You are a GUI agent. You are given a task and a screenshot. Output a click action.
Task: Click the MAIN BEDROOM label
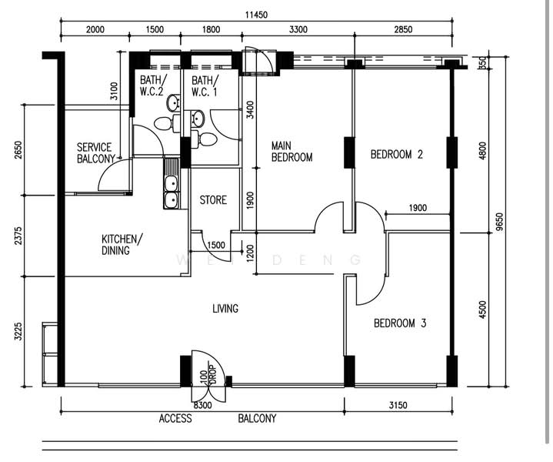[x=291, y=152]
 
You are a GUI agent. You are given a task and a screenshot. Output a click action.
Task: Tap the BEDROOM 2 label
[x=396, y=154]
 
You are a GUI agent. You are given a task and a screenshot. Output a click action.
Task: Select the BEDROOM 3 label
[x=400, y=323]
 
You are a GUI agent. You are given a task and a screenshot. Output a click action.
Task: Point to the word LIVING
[x=225, y=308]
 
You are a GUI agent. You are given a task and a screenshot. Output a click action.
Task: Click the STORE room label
[x=213, y=200]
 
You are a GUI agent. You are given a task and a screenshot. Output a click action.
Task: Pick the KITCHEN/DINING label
[x=122, y=244]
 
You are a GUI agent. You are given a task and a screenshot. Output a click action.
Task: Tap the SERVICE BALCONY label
[x=95, y=153]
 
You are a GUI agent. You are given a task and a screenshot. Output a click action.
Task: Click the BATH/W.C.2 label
[x=152, y=85]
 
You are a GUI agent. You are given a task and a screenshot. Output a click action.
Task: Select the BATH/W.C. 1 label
[x=204, y=85]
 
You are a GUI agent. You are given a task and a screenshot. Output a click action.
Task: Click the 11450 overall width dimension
[x=256, y=15]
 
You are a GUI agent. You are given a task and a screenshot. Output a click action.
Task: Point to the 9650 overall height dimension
[x=499, y=222]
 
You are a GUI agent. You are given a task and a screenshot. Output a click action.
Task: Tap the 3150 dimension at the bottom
[x=398, y=405]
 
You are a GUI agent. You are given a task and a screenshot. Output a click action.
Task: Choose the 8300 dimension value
[x=202, y=405]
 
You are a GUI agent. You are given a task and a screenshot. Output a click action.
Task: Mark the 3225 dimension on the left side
[x=18, y=331]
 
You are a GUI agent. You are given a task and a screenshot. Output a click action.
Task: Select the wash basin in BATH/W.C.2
[x=174, y=102]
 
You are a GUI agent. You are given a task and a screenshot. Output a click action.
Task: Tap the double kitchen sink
[x=172, y=192]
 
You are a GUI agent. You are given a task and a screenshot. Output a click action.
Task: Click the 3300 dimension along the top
[x=298, y=29]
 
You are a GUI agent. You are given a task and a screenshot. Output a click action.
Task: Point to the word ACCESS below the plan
[x=175, y=419]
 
